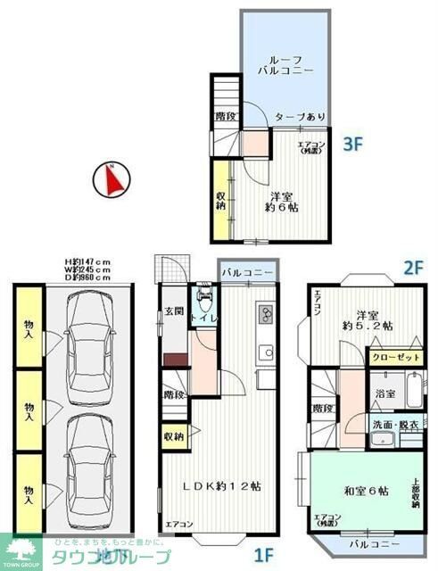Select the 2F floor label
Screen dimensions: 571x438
[x=412, y=266]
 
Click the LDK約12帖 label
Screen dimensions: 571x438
[x=223, y=486]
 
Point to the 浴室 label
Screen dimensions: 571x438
[x=385, y=393]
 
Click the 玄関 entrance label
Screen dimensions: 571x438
[x=172, y=310]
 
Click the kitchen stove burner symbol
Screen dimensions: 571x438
[x=265, y=314]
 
